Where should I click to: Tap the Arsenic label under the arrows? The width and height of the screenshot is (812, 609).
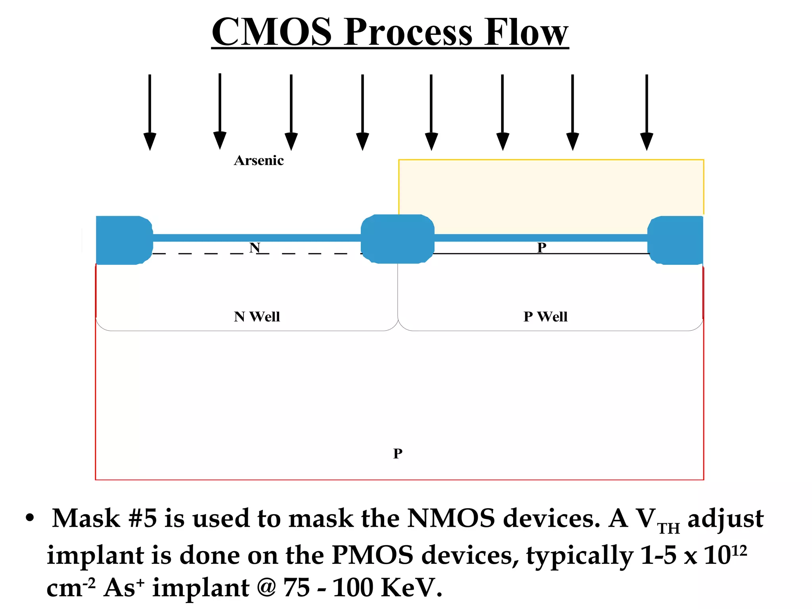(259, 161)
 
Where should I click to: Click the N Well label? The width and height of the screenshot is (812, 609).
(257, 317)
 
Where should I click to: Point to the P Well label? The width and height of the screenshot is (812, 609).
(546, 317)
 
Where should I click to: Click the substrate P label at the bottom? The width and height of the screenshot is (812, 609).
(398, 453)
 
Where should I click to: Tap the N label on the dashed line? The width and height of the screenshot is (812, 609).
(255, 248)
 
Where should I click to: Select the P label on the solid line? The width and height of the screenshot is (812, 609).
(542, 247)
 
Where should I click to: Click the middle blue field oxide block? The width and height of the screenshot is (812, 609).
(398, 239)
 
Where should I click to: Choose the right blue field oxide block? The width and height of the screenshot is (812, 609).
(676, 240)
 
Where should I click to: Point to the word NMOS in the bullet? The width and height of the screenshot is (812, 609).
(451, 519)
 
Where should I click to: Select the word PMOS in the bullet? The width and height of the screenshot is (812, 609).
(372, 555)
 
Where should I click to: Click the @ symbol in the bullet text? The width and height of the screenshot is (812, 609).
(266, 588)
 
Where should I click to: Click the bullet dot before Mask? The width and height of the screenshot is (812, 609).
(30, 518)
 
